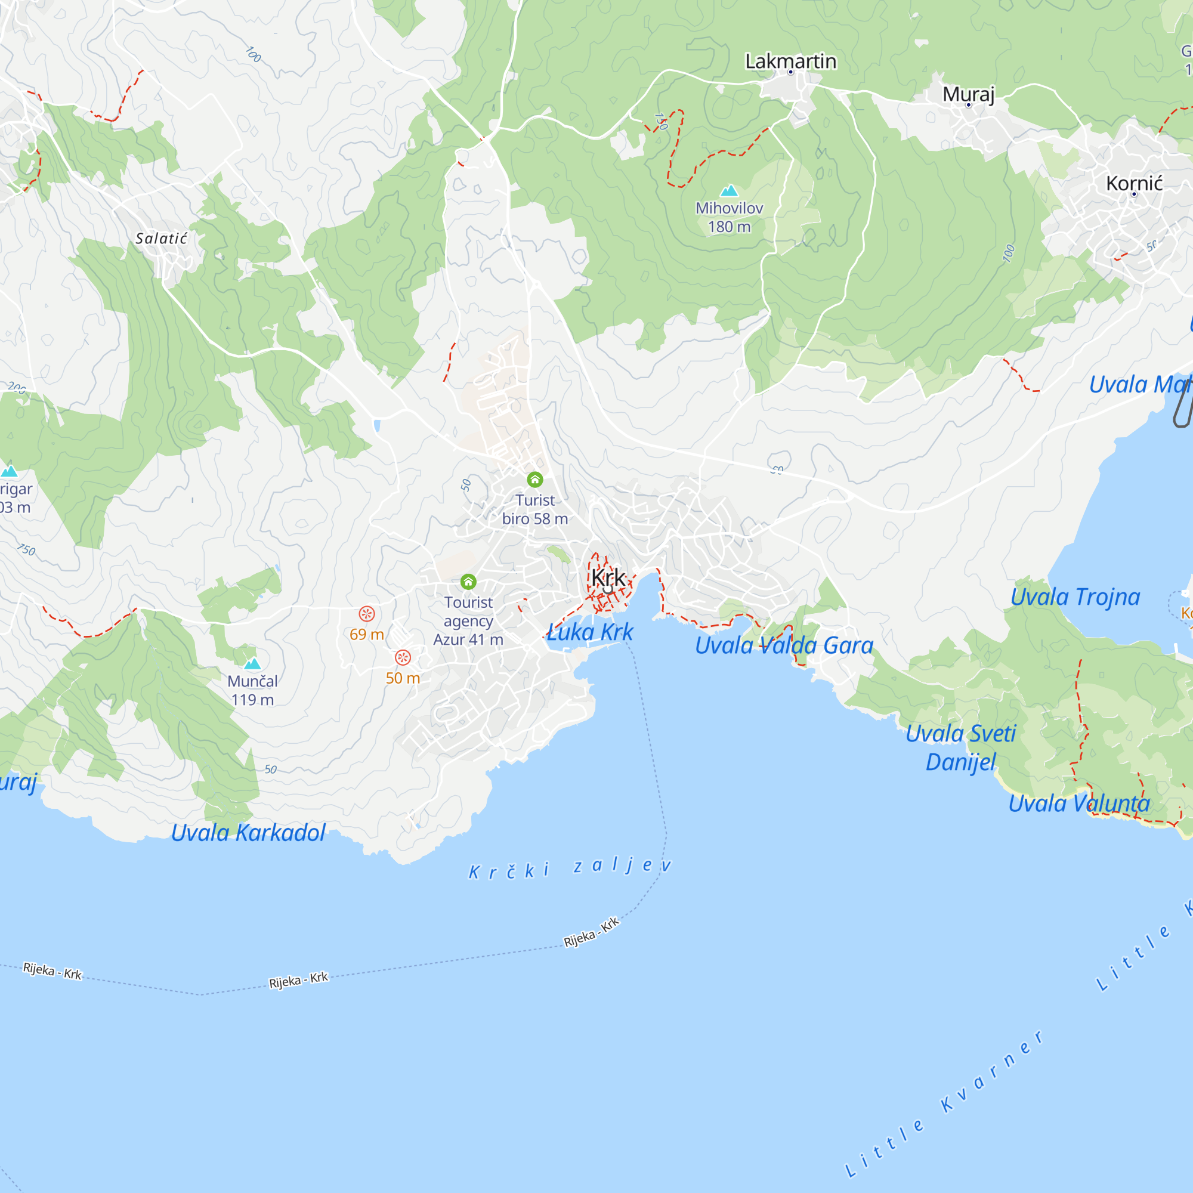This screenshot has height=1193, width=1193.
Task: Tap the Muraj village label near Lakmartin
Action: (x=968, y=94)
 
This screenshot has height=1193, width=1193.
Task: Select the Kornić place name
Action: (x=1135, y=183)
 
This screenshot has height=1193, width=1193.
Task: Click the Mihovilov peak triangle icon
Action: (x=730, y=191)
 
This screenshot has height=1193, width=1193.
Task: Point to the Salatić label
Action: (x=161, y=239)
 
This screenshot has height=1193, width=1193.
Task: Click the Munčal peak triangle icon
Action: (x=252, y=664)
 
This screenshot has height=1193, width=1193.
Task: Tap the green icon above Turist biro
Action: (x=534, y=479)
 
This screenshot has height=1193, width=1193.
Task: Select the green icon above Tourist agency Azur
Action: (x=468, y=582)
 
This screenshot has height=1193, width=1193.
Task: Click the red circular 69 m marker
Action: (x=367, y=614)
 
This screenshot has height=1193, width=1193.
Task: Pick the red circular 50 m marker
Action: (x=403, y=657)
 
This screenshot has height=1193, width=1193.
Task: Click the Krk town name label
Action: (x=608, y=578)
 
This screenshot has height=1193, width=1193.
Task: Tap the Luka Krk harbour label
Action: (x=591, y=632)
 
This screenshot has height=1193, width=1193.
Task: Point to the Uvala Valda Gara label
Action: (x=784, y=646)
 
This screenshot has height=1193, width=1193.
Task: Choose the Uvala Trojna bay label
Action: (x=1075, y=597)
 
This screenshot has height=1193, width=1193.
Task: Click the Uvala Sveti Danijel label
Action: (x=960, y=748)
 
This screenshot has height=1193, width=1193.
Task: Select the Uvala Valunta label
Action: (x=1078, y=803)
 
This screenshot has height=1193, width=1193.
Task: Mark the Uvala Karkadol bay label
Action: (x=248, y=833)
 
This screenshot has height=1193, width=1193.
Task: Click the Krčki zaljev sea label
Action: (x=569, y=867)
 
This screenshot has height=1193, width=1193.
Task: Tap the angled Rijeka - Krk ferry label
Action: (x=591, y=932)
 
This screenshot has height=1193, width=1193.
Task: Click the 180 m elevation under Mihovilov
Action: (x=730, y=227)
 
